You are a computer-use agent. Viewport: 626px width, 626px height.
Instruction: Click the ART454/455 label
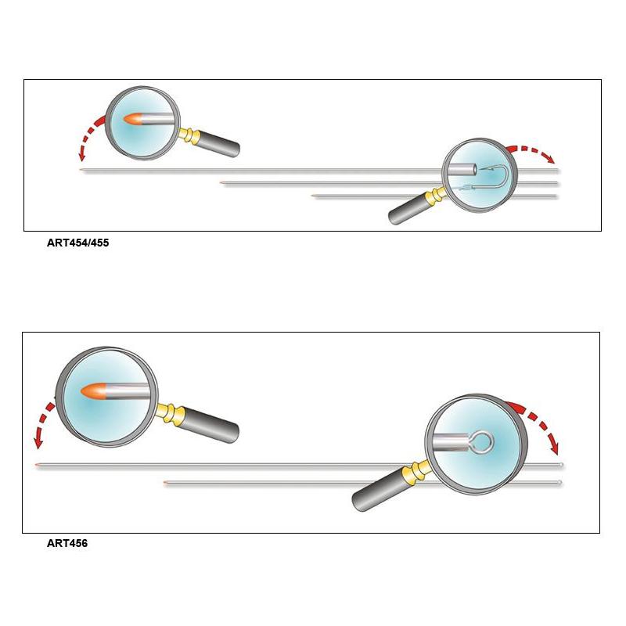[x=77, y=243]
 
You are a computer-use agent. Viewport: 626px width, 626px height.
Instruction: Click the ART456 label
[x=67, y=543]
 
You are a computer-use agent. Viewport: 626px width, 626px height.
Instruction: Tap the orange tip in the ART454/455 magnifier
[x=132, y=119]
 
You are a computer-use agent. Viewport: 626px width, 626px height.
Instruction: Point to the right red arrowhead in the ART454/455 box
[x=552, y=160]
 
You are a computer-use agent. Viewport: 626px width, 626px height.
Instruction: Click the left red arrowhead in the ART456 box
[x=38, y=442]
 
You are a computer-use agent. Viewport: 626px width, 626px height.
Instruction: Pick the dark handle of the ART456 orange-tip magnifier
[x=210, y=424]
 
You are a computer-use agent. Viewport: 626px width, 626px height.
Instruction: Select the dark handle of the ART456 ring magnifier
[x=380, y=491]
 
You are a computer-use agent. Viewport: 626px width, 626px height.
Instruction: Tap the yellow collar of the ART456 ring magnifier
[x=416, y=470]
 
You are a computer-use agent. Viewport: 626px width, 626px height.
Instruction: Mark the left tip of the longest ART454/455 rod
[x=81, y=171]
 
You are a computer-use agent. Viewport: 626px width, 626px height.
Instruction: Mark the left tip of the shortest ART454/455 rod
[x=312, y=196]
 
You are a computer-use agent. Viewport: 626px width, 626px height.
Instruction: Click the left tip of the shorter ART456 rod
[x=164, y=483]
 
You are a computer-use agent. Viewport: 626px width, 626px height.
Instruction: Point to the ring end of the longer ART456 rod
[x=560, y=465]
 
